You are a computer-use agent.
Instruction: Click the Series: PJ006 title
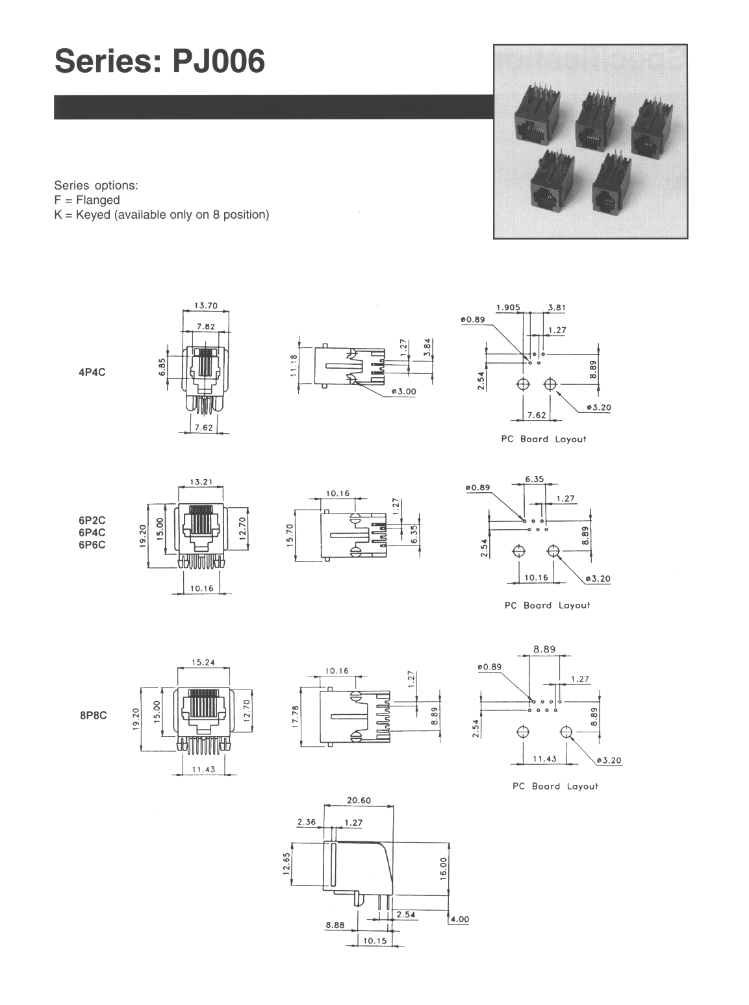click(160, 63)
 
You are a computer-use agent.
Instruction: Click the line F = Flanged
click(86, 200)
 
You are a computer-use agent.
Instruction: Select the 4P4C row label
click(92, 373)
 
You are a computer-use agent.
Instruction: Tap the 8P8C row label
click(93, 716)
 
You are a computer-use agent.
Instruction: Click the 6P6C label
click(92, 545)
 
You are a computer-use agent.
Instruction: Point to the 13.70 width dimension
click(205, 304)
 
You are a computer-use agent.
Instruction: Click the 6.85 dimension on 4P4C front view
click(163, 369)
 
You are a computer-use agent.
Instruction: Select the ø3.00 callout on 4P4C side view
click(404, 392)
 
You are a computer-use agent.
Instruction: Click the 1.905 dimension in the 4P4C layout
click(507, 307)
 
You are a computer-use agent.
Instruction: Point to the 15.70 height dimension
click(290, 536)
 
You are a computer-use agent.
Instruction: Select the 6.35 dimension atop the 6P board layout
click(534, 479)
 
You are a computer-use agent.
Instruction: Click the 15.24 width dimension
click(203, 663)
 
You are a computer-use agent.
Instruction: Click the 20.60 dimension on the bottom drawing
click(359, 800)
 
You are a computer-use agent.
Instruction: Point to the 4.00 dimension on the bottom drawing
click(459, 919)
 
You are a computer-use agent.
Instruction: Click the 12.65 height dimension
click(286, 864)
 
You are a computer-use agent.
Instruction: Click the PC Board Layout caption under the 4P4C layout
click(543, 439)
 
